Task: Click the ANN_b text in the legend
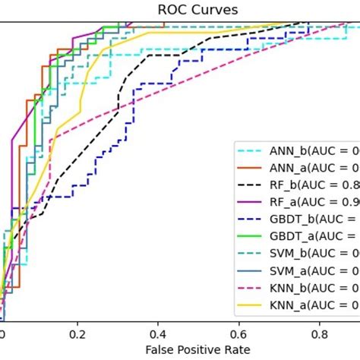(x=288, y=150)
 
